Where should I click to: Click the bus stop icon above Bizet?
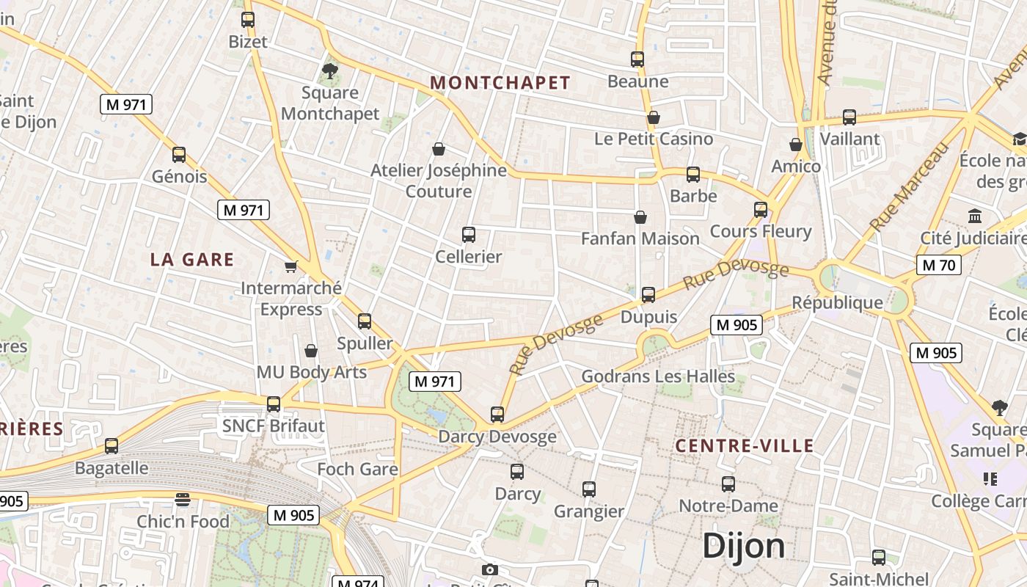[x=248, y=20]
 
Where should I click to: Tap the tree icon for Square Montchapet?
[x=330, y=71]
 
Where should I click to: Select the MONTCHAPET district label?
[x=500, y=83]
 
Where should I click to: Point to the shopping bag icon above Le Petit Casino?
[x=654, y=117]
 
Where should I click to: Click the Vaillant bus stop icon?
[x=849, y=117]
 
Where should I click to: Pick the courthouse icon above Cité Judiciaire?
[x=975, y=216]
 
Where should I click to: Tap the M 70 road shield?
[x=938, y=265]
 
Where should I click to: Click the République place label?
[x=837, y=302]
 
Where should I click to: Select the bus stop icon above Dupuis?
[x=648, y=295]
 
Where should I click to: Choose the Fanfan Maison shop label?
[x=640, y=238]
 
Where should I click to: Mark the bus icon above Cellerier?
[x=469, y=235]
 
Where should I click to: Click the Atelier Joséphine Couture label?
[x=439, y=181]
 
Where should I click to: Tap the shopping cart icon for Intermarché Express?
[x=291, y=266]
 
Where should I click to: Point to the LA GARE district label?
[x=192, y=260]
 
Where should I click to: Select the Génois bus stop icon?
[x=179, y=155]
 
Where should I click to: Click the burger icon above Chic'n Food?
[x=183, y=500]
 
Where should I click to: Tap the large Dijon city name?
[x=743, y=547]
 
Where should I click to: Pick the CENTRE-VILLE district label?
[x=744, y=446]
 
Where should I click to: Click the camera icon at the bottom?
[x=490, y=569]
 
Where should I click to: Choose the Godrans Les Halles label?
[x=658, y=376]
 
